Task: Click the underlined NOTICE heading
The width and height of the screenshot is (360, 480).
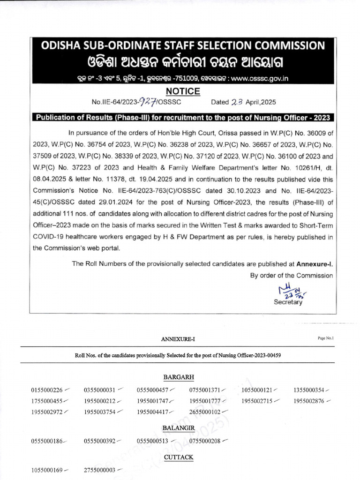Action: point(180,91)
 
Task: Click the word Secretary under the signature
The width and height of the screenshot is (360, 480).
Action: point(288,302)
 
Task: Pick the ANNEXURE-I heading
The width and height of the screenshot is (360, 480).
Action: point(178,339)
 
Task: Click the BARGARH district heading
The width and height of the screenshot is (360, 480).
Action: point(179,377)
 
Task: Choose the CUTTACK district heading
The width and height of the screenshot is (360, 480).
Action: point(179,457)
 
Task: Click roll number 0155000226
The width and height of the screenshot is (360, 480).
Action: point(47,390)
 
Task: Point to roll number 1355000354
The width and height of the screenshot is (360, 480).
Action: point(309,390)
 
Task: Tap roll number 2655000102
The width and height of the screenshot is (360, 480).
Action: point(205,412)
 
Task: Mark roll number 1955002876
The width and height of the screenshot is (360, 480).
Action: point(309,401)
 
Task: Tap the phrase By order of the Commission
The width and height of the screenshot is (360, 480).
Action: point(291,276)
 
